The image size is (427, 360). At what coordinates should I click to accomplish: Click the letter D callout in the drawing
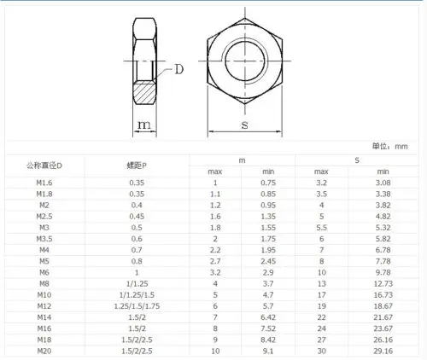179,69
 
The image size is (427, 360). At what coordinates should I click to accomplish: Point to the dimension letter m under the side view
144,125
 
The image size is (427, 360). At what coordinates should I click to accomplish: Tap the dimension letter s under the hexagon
245,125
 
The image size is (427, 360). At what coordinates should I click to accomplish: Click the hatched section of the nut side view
145,92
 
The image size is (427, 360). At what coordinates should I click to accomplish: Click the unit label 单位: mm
390,147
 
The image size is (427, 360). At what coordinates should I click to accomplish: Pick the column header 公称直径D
44,165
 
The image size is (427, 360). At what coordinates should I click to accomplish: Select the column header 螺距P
137,165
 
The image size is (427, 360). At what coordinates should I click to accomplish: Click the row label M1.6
44,183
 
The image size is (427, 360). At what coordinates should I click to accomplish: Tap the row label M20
44,351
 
